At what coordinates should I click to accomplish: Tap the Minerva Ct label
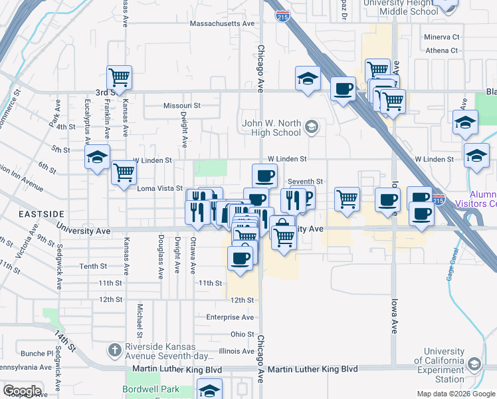coord(443,37)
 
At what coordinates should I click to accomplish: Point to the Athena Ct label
coord(443,50)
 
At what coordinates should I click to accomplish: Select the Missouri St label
coord(182,105)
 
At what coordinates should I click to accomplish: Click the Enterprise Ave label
coord(230,317)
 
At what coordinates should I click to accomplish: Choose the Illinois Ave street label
coord(237,351)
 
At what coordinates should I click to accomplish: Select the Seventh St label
coord(305,182)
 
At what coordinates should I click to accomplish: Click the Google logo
coord(22,391)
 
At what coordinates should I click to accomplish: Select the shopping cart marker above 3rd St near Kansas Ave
coord(119,78)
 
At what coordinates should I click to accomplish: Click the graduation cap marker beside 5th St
coord(97,158)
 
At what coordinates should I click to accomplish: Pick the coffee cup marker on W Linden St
coord(264,176)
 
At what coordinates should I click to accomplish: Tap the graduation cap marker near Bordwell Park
coord(210,390)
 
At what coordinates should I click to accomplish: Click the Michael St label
coord(140,319)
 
